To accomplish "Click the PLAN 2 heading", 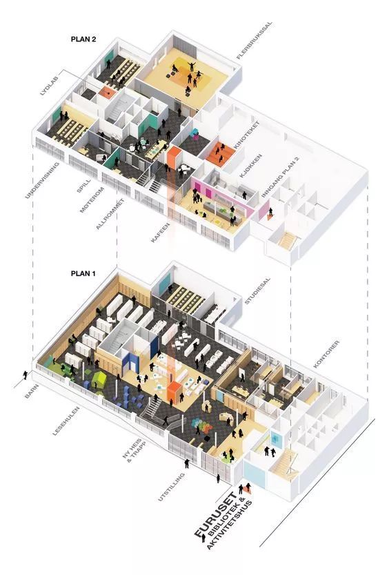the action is [83, 39].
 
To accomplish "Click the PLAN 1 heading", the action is [83, 273].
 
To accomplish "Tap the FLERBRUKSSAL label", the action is [255, 40].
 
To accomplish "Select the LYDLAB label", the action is [49, 86].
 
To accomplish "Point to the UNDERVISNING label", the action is [42, 180].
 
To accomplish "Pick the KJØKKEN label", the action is [251, 166].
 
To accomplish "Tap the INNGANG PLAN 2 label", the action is [280, 177].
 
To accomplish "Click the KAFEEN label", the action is [160, 233].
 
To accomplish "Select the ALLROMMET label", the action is [110, 214].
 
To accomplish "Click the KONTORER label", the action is [326, 354].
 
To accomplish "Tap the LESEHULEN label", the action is [66, 421].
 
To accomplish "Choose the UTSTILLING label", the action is [171, 487].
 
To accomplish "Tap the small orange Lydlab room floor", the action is [107, 92].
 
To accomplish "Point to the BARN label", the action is [31, 391].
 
